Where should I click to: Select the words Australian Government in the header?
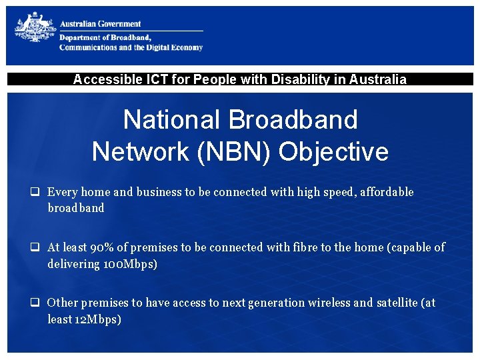tap(101, 24)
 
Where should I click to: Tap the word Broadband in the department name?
tap(130, 37)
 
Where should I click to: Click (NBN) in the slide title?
tap(237, 151)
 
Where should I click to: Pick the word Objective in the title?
tap(333, 151)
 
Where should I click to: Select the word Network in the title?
tap(140, 151)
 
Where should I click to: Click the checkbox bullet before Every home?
tap(33, 192)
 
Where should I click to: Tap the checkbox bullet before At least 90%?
tap(33, 247)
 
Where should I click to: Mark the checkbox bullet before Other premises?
tap(33, 303)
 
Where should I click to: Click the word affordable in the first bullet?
tap(387, 192)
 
